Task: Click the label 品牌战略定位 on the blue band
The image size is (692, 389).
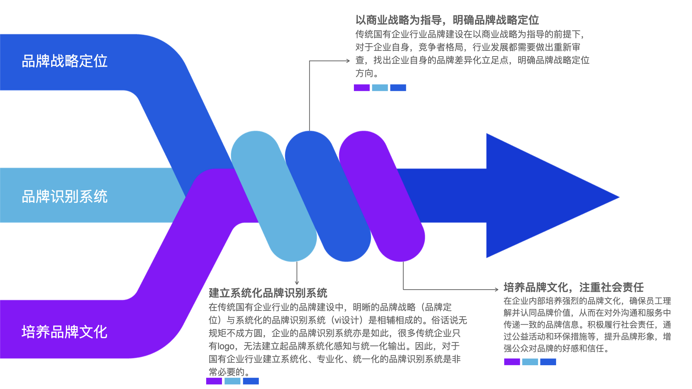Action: (65, 61)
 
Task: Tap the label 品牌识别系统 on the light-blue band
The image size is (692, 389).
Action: (65, 196)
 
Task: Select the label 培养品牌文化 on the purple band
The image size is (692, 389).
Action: (65, 332)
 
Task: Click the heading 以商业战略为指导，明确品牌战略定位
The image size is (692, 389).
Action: (447, 20)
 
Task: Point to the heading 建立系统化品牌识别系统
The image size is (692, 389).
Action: (268, 293)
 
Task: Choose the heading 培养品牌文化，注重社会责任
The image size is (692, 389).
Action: (573, 287)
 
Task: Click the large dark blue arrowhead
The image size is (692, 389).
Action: (541, 196)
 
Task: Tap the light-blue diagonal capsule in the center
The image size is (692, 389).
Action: (274, 196)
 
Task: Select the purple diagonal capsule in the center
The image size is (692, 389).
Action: (382, 196)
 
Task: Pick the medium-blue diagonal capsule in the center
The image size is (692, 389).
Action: (328, 196)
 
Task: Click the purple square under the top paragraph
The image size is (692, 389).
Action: (361, 88)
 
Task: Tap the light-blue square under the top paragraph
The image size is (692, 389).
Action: (380, 88)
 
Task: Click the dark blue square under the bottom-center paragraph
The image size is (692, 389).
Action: (251, 381)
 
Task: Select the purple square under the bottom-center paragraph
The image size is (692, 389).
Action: (214, 381)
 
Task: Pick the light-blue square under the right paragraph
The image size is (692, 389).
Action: (530, 362)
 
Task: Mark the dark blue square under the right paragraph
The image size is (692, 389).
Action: (548, 362)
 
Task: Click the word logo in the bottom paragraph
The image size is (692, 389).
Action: (226, 346)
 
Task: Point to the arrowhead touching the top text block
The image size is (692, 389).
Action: (348, 61)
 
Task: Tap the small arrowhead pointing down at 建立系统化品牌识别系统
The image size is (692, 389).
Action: (297, 283)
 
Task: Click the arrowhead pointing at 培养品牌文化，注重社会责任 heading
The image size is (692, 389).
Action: (497, 289)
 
